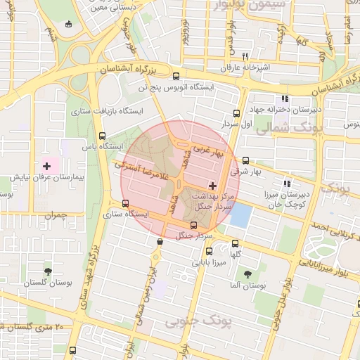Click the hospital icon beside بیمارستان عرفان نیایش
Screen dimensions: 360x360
coord(47,167)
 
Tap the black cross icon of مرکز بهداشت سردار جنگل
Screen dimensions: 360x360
coord(213,186)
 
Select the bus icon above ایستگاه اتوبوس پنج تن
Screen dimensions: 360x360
coord(176,77)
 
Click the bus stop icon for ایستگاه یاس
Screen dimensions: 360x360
coord(103,136)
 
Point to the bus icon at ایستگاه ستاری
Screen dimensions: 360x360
coord(125,203)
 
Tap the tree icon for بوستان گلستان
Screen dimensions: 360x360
coord(48,271)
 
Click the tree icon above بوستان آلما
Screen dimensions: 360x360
coord(247,274)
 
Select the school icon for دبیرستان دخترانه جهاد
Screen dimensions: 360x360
coord(285,99)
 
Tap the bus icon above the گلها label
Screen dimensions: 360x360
coord(235,243)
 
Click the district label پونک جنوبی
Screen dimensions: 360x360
coord(200,322)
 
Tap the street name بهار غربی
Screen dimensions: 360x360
coord(208,150)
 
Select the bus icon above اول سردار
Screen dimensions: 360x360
coord(236,112)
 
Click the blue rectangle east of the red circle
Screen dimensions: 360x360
coord(240,214)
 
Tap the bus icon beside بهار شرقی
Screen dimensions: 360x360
coord(245,160)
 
